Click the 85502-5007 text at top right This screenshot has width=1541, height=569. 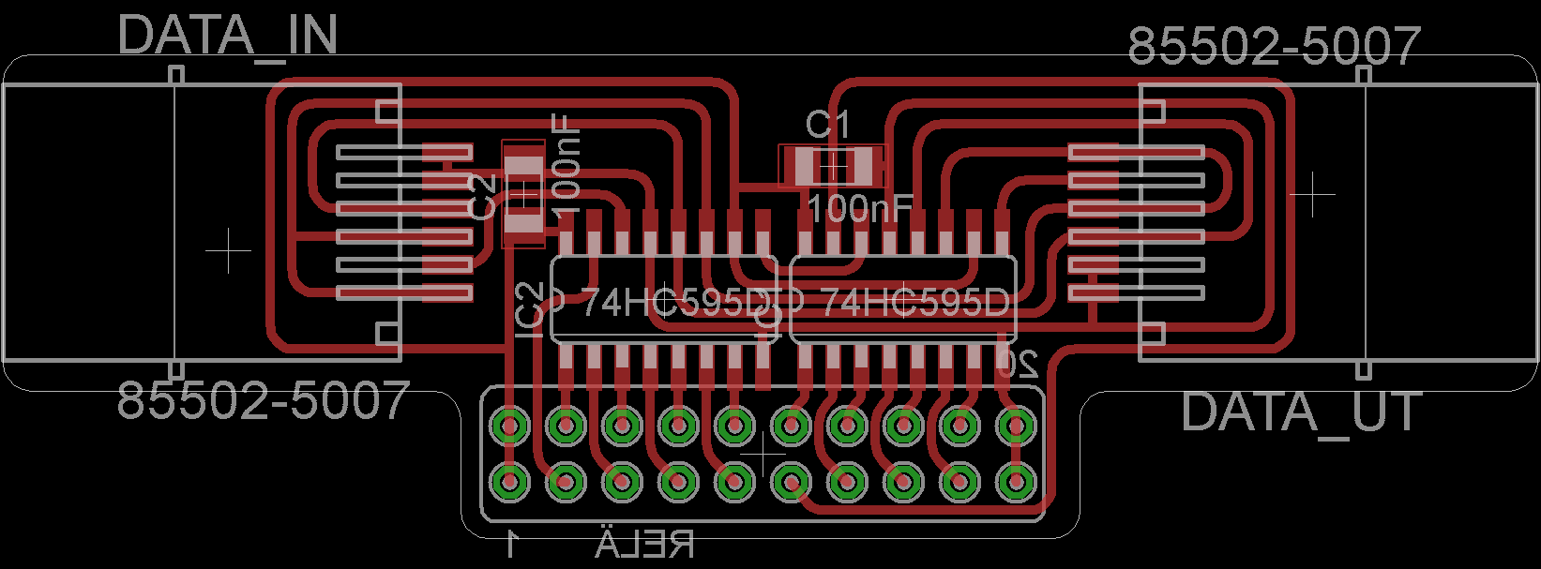tap(1274, 46)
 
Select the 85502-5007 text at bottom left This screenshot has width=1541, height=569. tap(264, 400)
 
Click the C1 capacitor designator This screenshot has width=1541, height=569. tap(827, 125)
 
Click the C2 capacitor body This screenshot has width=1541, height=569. tap(523, 194)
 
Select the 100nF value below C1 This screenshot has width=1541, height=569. tap(859, 208)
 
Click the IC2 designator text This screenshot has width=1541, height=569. tap(530, 308)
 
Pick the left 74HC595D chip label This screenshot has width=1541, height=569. tap(675, 303)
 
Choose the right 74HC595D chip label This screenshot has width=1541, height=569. tap(914, 303)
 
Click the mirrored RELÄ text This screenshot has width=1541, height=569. tap(645, 544)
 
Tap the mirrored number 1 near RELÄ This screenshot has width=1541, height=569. tap(512, 543)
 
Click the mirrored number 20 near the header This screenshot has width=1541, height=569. tap(1018, 362)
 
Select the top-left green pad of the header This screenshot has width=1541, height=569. tap(511, 427)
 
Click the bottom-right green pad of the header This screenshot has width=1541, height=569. tap(1013, 482)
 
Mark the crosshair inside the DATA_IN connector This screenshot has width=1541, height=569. tap(228, 251)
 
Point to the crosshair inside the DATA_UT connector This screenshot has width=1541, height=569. tap(1311, 193)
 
